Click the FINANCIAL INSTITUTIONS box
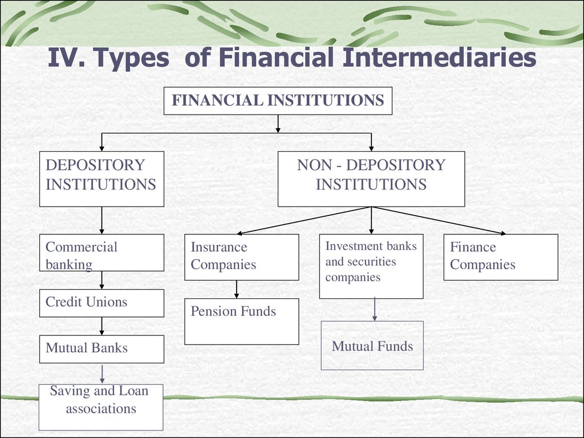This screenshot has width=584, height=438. click(x=278, y=100)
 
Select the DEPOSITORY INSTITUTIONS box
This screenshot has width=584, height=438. click(x=102, y=179)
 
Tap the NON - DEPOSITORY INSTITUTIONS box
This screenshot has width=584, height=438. click(x=371, y=179)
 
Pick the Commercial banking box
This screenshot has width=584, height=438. click(x=102, y=253)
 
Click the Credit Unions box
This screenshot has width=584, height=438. click(x=102, y=303)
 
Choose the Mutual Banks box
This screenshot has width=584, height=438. click(x=102, y=349)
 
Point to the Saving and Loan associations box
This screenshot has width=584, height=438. click(x=101, y=407)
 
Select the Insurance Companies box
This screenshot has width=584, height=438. click(x=242, y=257)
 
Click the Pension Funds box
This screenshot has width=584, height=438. click(x=242, y=322)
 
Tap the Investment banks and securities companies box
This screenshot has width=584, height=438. click(x=371, y=266)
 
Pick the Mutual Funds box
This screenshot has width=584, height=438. click(x=372, y=346)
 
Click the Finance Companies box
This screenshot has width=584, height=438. click(x=501, y=257)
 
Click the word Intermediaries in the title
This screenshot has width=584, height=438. click(x=440, y=58)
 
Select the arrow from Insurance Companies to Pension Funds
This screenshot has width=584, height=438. click(x=237, y=289)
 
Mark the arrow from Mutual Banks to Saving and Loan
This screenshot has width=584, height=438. click(x=102, y=374)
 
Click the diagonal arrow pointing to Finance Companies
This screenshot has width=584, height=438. click(x=439, y=221)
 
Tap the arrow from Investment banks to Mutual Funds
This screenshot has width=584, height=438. click(x=375, y=309)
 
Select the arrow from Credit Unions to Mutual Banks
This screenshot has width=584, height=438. click(x=102, y=326)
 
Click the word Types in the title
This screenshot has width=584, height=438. click(x=131, y=58)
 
